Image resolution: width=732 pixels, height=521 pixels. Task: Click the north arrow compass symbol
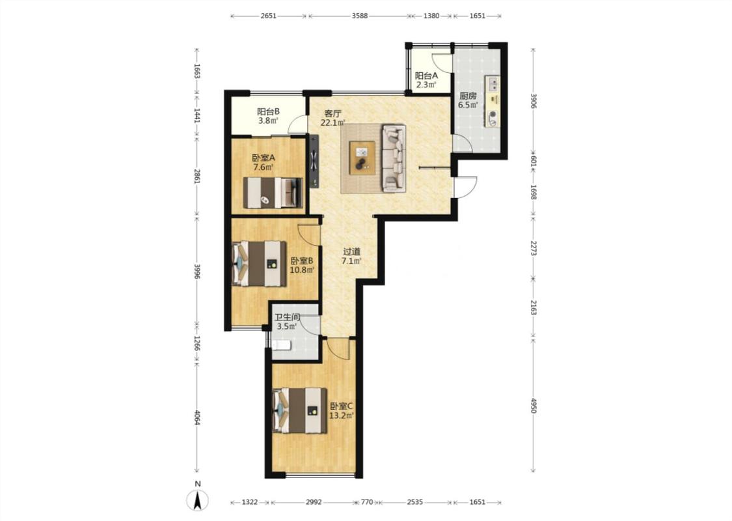tap(198, 501)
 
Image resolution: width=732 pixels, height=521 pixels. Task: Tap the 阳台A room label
tap(427, 76)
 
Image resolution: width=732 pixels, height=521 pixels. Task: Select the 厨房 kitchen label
tap(468, 96)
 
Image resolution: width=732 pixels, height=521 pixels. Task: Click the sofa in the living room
tap(394, 158)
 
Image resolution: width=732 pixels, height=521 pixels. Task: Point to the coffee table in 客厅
tap(362, 158)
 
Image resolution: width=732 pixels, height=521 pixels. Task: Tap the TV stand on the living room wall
tap(314, 162)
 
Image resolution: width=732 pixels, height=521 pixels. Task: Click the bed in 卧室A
tap(273, 193)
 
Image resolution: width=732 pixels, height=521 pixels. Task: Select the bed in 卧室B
tap(259, 263)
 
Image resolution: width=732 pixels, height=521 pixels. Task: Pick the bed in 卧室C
tap(299, 411)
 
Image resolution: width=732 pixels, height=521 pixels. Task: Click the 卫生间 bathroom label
tap(287, 317)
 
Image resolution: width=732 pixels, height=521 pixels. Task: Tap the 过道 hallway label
tap(351, 251)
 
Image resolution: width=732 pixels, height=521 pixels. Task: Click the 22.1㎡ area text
tap(332, 123)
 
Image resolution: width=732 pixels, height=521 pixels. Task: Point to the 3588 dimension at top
tap(359, 16)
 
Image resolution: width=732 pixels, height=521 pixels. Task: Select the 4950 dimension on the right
tap(534, 406)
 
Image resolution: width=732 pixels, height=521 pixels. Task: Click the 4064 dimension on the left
tap(197, 417)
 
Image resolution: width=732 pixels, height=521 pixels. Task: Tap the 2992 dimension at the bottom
tap(314, 502)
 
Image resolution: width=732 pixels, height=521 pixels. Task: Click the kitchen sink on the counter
tap(493, 84)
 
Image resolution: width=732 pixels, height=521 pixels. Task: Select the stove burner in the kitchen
tap(493, 117)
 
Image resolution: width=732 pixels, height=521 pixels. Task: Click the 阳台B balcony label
tap(269, 111)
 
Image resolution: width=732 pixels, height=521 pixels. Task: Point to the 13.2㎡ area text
tap(342, 415)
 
